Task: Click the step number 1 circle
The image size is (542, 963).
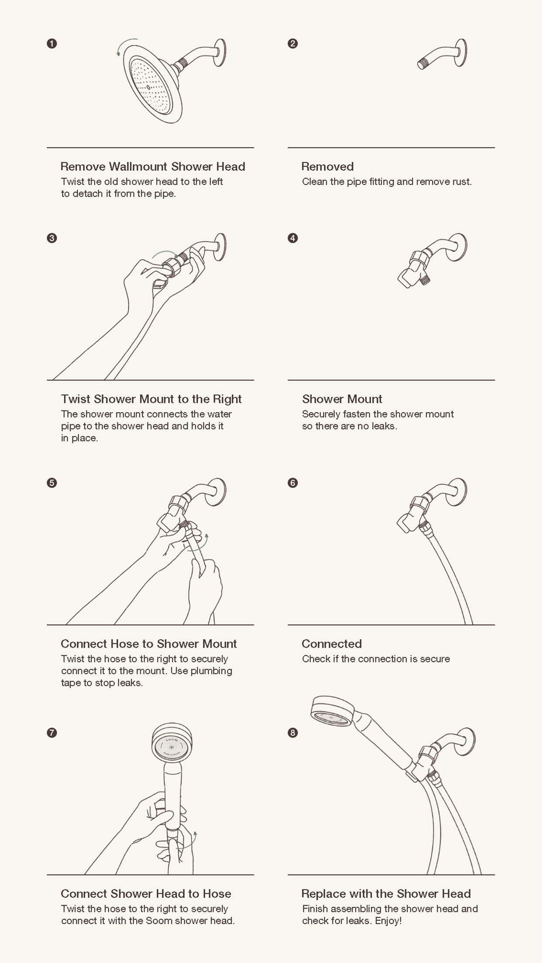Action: point(52,44)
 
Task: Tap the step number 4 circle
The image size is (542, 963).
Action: point(293,238)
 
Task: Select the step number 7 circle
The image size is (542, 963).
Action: point(52,733)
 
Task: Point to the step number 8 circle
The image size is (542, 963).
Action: point(293,733)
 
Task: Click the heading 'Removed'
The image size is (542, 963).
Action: point(327,167)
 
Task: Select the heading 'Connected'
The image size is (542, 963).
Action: point(332,644)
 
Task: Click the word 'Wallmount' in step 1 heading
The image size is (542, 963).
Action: point(138,167)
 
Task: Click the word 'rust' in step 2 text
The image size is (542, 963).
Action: point(462,182)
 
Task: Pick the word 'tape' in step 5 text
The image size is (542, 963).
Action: point(71,683)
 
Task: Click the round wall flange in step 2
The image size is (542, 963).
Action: point(460,53)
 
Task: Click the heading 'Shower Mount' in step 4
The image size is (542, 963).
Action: point(342,399)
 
